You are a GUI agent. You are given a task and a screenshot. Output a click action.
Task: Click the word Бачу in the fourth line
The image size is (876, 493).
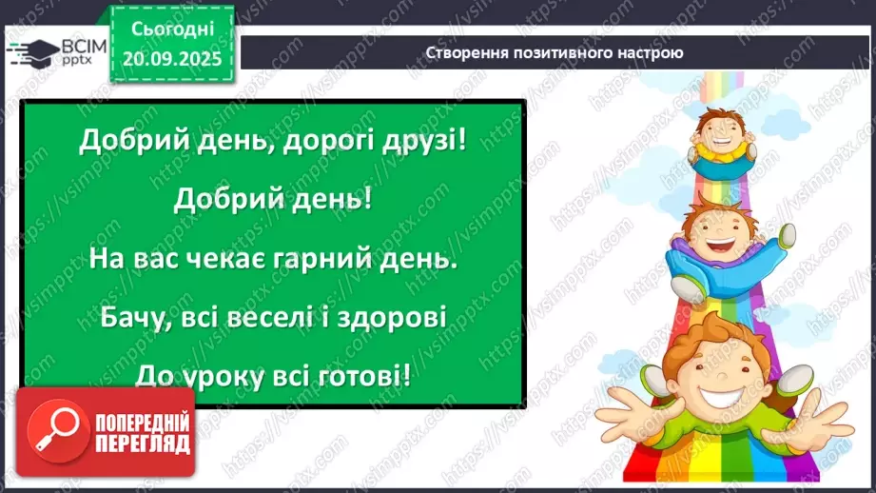(131, 316)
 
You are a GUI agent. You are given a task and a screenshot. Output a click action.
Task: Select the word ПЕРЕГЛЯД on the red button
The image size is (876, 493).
(143, 444)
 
